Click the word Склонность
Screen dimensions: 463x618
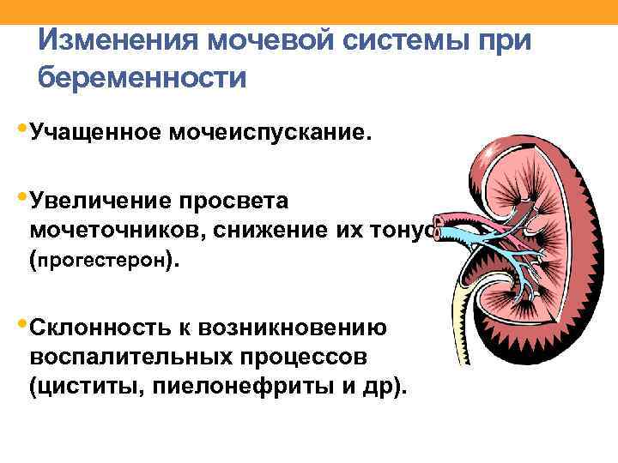[100, 327]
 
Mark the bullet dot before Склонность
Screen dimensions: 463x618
[21, 323]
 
